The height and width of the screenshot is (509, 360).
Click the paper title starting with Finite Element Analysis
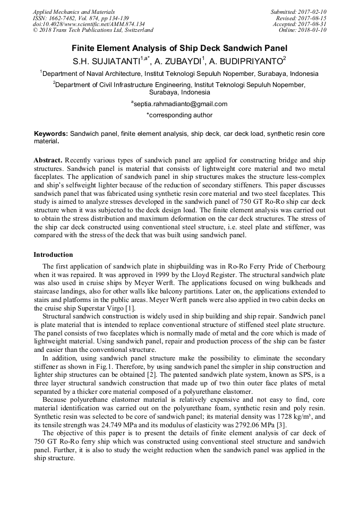(x=179, y=48)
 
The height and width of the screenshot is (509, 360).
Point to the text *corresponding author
(x=179, y=115)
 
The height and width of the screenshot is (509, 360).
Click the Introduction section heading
(x=53, y=255)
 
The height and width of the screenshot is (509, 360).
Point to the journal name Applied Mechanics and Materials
(x=73, y=12)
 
